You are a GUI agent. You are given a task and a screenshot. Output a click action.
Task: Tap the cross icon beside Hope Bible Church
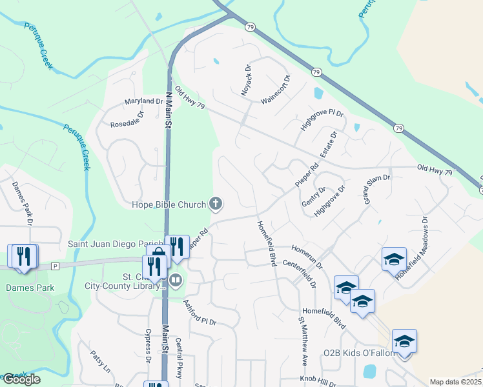(216, 205)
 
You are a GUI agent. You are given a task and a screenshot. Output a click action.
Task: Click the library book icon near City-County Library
(176, 281)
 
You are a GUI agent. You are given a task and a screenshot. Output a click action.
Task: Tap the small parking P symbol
(55, 266)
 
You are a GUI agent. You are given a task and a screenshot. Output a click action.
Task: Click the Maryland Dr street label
(143, 102)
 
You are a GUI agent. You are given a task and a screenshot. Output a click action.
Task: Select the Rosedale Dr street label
(127, 120)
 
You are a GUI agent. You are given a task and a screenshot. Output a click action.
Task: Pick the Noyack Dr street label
(246, 81)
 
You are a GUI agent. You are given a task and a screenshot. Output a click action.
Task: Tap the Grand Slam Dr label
(378, 188)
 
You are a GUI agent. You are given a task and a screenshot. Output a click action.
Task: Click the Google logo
(21, 379)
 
